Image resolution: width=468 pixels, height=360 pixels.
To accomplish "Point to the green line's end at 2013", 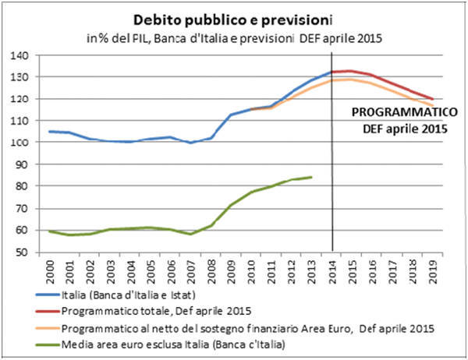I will click(312, 177).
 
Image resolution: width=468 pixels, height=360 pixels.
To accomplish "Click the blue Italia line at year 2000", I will click(50, 131).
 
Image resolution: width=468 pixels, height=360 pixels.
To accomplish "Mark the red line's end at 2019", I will click(433, 99).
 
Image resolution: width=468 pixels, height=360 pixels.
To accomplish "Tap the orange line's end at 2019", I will click(433, 106).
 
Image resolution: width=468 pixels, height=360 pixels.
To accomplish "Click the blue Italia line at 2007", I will click(191, 143).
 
